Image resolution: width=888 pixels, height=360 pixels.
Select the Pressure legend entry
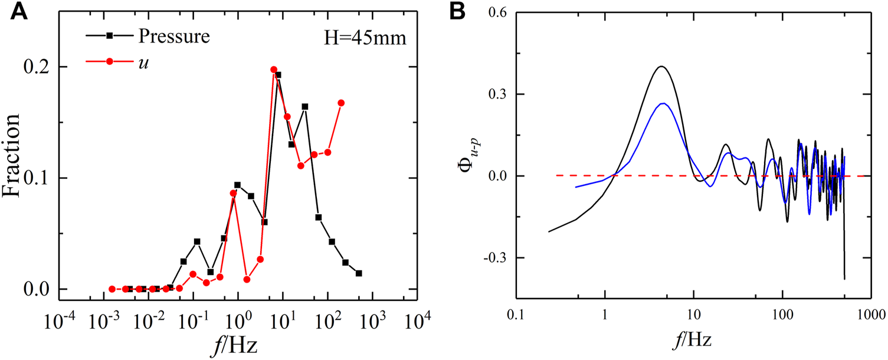pos(174,36)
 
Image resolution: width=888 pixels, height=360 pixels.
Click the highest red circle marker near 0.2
pos(274,70)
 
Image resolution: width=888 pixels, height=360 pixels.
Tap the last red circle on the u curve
pos(341,103)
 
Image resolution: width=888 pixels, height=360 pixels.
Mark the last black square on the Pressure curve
pos(359,273)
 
